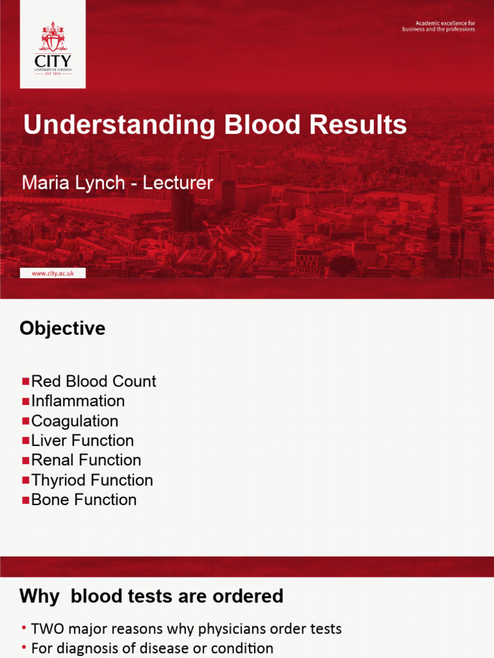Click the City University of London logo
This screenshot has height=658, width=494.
click(x=53, y=44)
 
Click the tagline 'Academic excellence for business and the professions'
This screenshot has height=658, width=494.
click(x=439, y=26)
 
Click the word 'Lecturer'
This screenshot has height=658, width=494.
click(x=178, y=182)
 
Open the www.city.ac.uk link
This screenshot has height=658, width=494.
click(x=53, y=273)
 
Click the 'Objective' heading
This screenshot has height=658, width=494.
click(x=62, y=328)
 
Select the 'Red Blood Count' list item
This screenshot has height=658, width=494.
click(x=93, y=381)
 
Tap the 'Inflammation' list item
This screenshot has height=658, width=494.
click(x=78, y=401)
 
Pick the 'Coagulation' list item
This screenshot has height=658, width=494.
click(x=75, y=421)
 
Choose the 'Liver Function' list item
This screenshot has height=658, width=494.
click(x=82, y=441)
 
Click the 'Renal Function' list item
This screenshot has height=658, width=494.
click(x=86, y=460)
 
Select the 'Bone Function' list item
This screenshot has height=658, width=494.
click(x=84, y=500)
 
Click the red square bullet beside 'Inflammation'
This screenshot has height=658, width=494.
click(x=26, y=402)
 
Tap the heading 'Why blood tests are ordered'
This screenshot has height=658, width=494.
click(x=151, y=596)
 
